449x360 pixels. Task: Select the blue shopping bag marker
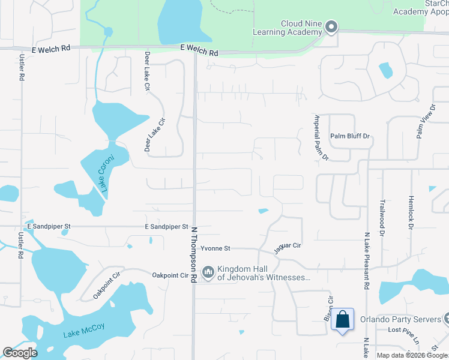click(342, 319)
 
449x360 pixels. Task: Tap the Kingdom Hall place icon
click(208, 273)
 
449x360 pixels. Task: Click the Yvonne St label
click(215, 248)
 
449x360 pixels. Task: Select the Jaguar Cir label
click(288, 247)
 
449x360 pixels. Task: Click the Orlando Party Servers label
click(400, 319)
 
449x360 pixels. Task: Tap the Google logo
click(20, 353)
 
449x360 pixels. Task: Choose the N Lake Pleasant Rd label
click(366, 258)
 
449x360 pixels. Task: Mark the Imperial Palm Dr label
click(322, 137)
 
